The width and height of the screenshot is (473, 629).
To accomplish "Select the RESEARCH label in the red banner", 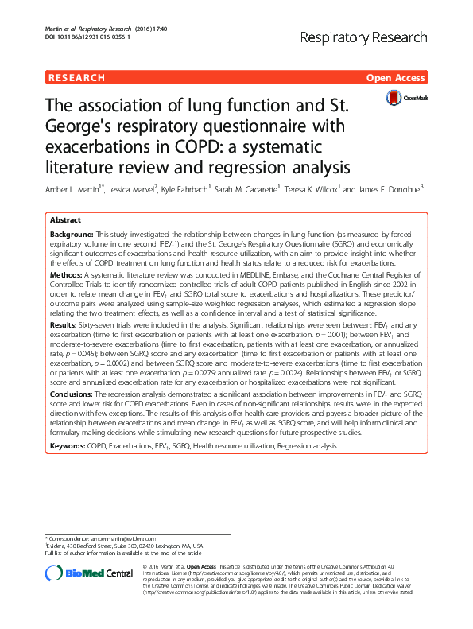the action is click(x=77, y=78).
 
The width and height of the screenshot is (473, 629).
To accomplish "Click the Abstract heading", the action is click(x=65, y=220).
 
